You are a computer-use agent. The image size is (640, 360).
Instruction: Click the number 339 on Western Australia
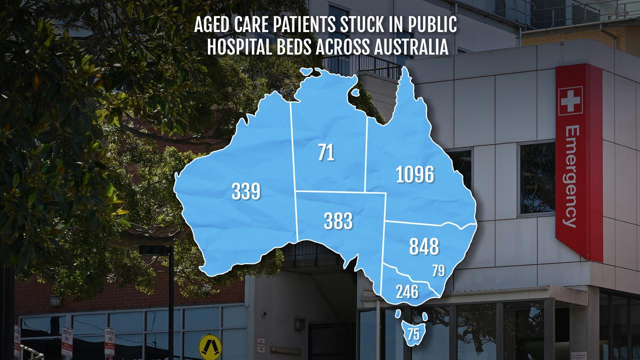coord(246,191)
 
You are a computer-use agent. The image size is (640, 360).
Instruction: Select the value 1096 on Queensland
coord(414,174)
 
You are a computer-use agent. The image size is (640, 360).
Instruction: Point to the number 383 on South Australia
coord(338,221)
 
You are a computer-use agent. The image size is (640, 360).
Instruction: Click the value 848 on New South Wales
coord(424,246)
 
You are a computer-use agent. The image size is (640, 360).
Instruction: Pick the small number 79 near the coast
coord(438,271)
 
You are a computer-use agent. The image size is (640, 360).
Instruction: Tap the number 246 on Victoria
coord(407,292)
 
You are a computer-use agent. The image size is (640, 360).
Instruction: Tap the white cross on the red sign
coord(570,99)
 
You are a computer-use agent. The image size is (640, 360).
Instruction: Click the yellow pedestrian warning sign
coord(210,346)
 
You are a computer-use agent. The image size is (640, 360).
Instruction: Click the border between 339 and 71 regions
coord(293,150)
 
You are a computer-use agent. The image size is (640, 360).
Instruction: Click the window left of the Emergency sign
coord(536,178)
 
